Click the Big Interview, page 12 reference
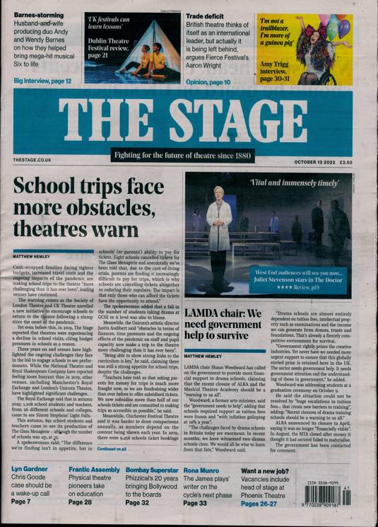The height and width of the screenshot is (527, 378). point(42,81)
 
